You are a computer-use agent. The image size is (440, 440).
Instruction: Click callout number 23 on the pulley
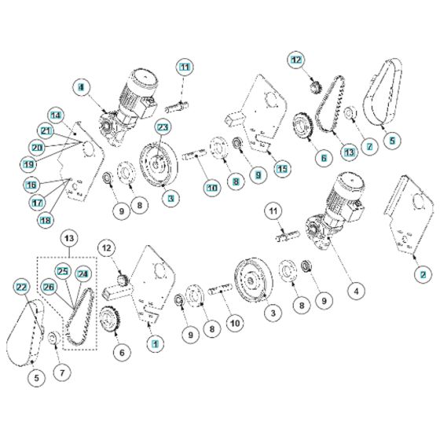(x=163, y=126)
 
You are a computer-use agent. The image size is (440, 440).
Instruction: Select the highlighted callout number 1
(x=156, y=343)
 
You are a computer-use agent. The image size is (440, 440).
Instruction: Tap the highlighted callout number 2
(x=423, y=274)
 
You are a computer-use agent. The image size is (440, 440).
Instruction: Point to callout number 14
(x=56, y=114)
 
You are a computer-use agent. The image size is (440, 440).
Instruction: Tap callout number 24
(x=83, y=274)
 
